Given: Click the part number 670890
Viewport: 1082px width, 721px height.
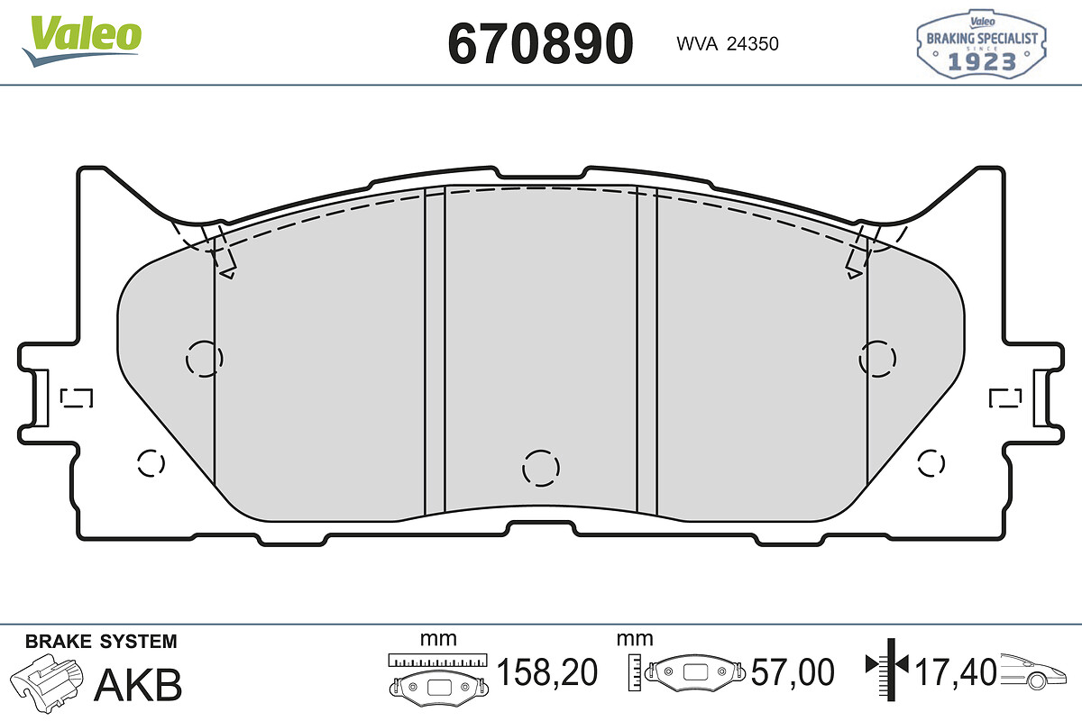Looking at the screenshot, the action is click(540, 44).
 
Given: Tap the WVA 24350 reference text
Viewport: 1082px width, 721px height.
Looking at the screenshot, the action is click(728, 44).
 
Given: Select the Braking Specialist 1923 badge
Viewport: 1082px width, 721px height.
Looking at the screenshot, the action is click(981, 44).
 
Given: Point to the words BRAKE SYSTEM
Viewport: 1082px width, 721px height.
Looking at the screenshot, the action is click(101, 642).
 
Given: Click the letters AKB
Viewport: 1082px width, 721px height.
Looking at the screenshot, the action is click(138, 685).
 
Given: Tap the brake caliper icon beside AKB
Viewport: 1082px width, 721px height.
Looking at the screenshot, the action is click(47, 683).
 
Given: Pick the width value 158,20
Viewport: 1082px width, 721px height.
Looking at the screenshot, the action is click(546, 672).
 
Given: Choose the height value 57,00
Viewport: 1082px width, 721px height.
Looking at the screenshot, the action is click(793, 672).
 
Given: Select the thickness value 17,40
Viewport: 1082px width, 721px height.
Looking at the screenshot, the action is click(956, 672).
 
